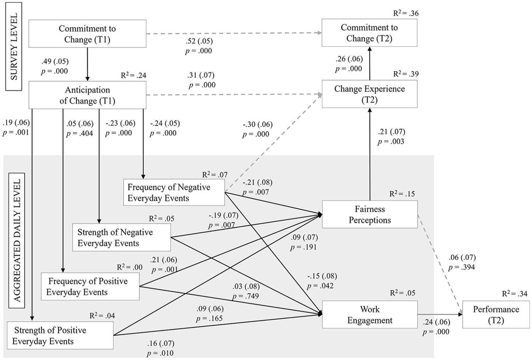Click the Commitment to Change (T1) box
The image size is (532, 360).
tap(87, 34)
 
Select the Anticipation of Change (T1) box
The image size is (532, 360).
tap(87, 95)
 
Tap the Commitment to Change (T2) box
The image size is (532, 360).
tap(369, 33)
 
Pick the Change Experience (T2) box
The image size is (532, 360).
tap(369, 94)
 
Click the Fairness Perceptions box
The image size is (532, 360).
tap(370, 214)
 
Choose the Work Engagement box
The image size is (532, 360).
tap(370, 314)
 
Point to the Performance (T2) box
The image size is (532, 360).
tap(496, 314)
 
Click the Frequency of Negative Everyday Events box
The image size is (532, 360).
tap(174, 192)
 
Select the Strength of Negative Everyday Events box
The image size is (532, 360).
tap(121, 237)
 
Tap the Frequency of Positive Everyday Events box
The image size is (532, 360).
tap(90, 286)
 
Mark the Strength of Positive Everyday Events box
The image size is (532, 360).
tap(60, 335)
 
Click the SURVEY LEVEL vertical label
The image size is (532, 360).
tap(14, 46)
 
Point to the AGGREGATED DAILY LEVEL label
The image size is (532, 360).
tap(17, 240)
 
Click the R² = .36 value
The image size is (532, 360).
tap(406, 13)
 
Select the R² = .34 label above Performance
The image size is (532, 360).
tap(515, 293)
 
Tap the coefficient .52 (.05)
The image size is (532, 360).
tap(199, 41)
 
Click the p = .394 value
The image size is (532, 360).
tap(462, 268)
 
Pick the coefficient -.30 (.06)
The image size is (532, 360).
tap(258, 124)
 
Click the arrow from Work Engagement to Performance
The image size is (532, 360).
tap(440, 314)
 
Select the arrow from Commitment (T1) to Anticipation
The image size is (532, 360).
tap(87, 64)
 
